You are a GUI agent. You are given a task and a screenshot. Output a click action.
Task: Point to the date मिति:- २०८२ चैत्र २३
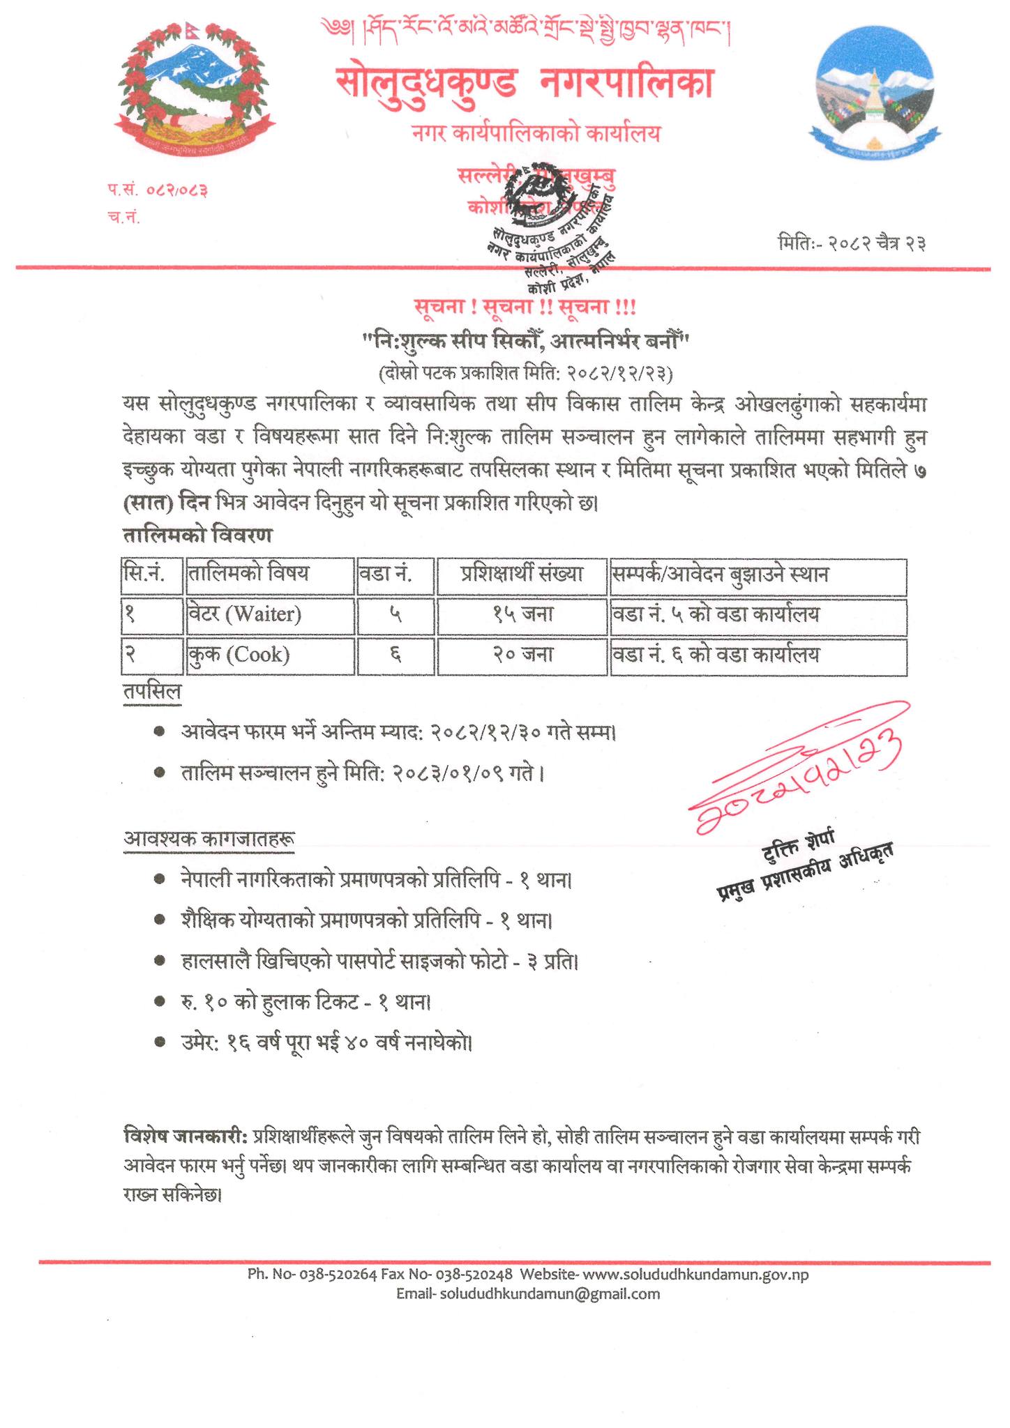[851, 244]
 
